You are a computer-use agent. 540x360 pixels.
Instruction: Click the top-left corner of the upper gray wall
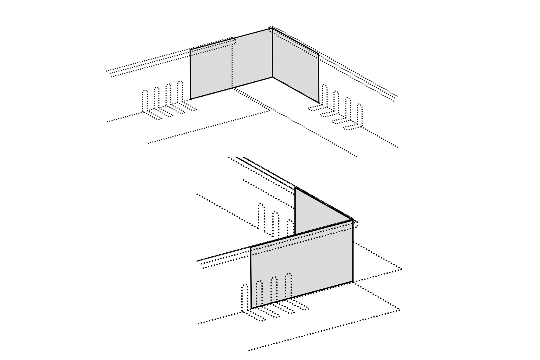tap(190, 50)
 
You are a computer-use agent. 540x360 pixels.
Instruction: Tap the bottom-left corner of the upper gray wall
tap(191, 99)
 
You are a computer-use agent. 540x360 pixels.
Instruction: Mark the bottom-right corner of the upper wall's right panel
tap(319, 103)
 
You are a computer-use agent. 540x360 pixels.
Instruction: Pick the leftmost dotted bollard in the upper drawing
tap(145, 101)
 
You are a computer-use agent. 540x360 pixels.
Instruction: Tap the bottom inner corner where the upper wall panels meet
tap(272, 77)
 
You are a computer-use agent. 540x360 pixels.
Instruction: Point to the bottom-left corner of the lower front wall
tap(251, 308)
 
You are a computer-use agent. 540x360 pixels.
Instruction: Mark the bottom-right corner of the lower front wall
tap(353, 282)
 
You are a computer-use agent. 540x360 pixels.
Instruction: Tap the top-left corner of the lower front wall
tap(250, 247)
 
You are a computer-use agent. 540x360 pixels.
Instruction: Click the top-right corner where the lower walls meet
tap(353, 220)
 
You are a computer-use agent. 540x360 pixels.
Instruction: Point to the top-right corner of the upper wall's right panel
tap(318, 54)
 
